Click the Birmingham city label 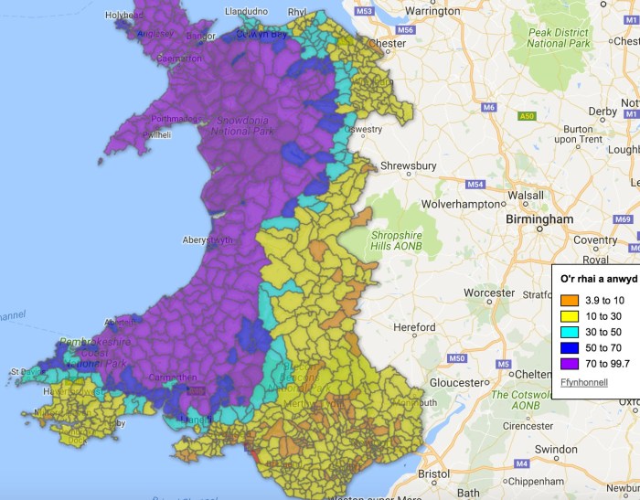coord(540,219)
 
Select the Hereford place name coord(414,326)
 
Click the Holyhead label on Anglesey coord(123,16)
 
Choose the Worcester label coord(489,293)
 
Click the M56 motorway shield coord(406,30)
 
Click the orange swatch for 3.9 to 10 coord(568,300)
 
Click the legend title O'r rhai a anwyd coord(598,278)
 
